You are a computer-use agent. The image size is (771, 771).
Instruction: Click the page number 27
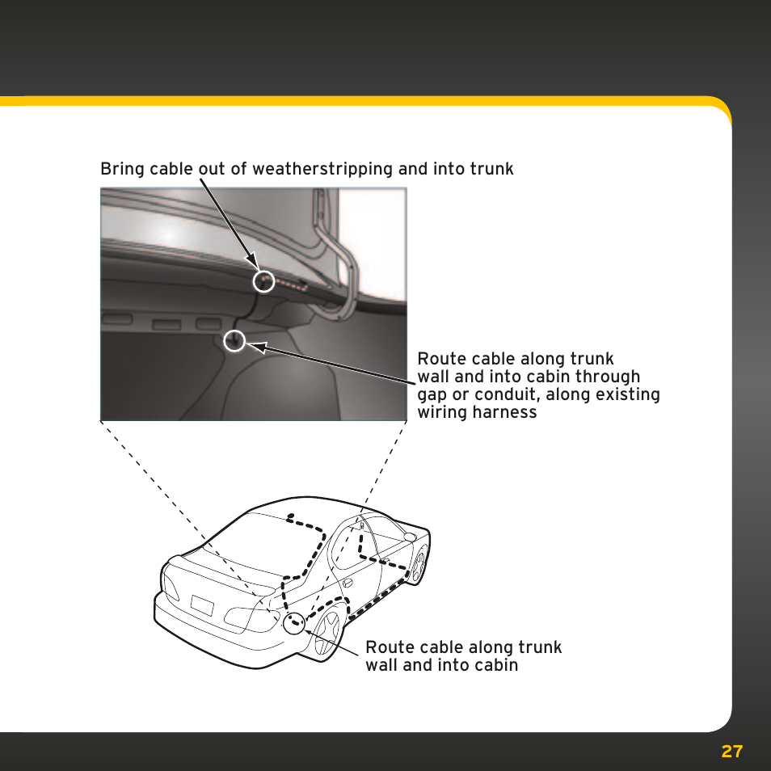[x=731, y=752]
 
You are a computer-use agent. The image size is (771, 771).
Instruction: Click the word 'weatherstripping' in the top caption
[x=322, y=169]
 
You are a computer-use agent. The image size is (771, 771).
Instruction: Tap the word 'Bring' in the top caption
[x=122, y=169]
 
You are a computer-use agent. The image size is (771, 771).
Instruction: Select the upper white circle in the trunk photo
[x=263, y=280]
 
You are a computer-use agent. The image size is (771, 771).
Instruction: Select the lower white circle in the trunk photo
[x=234, y=341]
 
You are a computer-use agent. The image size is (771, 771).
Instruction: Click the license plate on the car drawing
[x=202, y=605]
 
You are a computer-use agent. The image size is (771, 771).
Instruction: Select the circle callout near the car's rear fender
[x=294, y=623]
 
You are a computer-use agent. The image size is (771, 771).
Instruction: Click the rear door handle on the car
[x=348, y=584]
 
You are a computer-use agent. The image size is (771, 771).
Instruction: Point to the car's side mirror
[x=409, y=537]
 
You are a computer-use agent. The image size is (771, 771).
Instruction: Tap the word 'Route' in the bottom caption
[x=387, y=647]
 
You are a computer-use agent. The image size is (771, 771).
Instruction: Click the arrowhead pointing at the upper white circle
[x=251, y=259]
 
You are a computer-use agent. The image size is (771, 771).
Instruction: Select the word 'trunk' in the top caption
[x=491, y=169]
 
